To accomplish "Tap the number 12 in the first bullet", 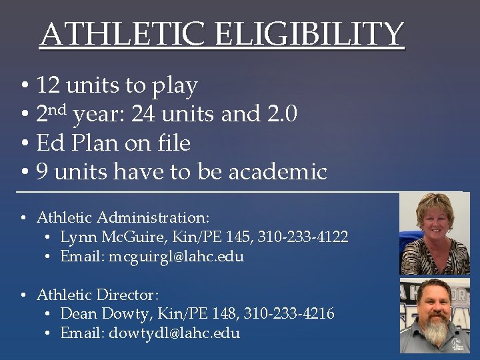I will click(x=47, y=85).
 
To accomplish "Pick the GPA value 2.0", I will click(x=278, y=115).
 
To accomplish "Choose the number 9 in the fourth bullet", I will click(x=42, y=172).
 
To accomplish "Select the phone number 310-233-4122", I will click(x=305, y=237).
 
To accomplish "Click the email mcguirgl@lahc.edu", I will click(x=176, y=256).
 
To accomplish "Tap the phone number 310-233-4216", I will click(x=292, y=313).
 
